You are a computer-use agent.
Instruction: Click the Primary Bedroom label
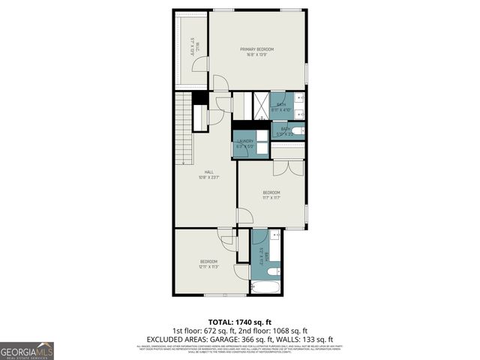click(257, 49)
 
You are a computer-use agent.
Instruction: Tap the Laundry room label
click(245, 141)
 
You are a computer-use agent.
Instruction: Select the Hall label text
click(199, 172)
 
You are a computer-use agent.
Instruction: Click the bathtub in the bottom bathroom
click(264, 286)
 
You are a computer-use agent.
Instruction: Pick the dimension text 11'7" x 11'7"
click(271, 198)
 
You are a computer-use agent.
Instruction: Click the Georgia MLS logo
click(27, 350)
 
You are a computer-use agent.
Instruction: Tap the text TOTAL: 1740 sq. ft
click(239, 321)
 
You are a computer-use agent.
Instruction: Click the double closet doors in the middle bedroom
click(288, 167)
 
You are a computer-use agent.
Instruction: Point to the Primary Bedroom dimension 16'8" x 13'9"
click(257, 55)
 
